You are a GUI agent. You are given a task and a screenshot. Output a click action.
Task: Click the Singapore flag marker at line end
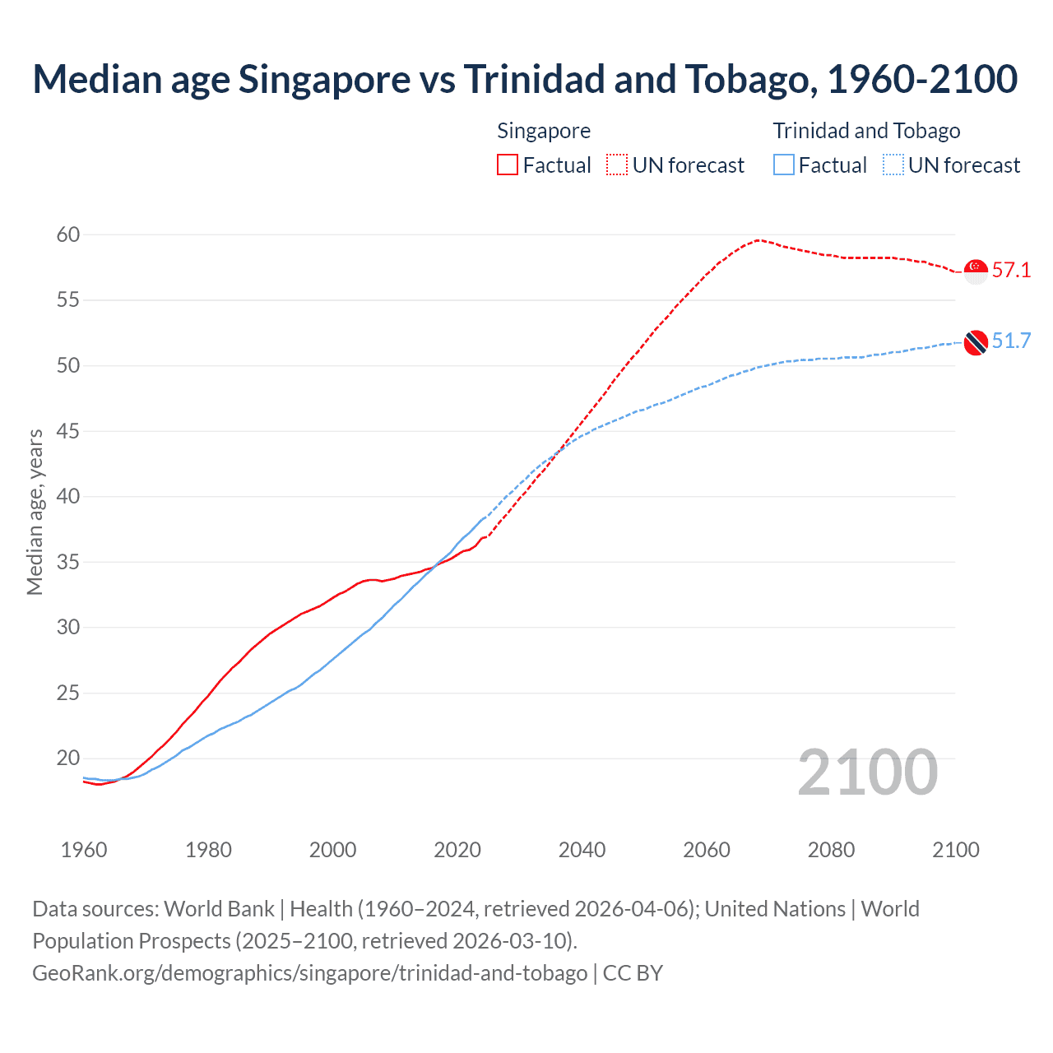[x=976, y=271]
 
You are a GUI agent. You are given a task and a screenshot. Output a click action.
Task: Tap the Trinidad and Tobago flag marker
[x=976, y=342]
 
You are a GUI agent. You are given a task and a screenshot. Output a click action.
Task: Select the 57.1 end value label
[x=1011, y=270]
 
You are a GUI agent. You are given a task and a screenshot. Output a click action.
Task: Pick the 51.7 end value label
[x=1011, y=341]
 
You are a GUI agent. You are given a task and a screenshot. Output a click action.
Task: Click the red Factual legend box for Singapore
[x=508, y=165]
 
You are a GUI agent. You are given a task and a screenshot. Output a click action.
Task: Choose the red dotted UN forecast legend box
[x=617, y=165]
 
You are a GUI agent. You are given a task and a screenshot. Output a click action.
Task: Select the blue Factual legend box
[x=784, y=165]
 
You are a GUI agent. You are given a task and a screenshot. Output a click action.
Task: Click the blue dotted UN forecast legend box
[x=893, y=165]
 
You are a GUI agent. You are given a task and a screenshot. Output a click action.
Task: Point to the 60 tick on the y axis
[x=68, y=235]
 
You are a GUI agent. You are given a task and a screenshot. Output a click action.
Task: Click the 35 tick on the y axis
[x=68, y=563]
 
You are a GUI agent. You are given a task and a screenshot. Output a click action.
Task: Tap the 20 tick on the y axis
[x=68, y=758]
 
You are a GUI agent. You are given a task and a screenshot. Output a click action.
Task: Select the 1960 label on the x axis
[x=84, y=850]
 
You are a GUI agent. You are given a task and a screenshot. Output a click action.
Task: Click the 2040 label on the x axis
[x=582, y=850]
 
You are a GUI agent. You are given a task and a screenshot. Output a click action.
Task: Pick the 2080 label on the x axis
[x=831, y=850]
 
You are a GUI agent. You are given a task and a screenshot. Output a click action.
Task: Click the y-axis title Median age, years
[x=35, y=512]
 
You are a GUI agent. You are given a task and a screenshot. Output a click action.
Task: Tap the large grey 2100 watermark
[x=867, y=772]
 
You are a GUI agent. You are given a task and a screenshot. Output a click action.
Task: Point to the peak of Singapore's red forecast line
[x=757, y=240]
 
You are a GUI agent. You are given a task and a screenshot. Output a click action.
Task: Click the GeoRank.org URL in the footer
[x=309, y=973]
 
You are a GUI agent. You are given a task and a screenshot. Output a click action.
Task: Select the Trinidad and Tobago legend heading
[x=866, y=131]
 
